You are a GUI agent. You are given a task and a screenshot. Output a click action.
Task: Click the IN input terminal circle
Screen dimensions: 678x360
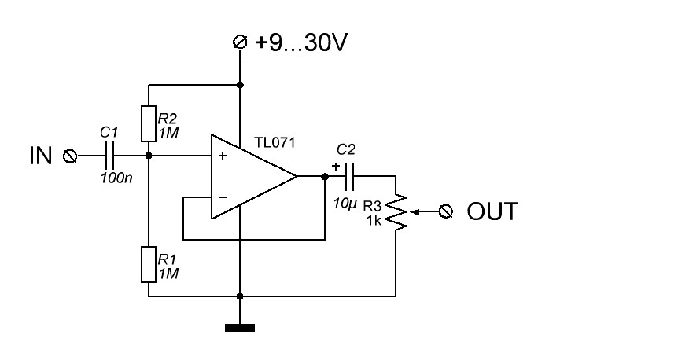point(70,156)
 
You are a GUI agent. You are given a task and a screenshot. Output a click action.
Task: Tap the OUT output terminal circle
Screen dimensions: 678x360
point(446,211)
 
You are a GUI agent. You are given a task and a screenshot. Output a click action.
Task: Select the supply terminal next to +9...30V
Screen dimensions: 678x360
point(240,42)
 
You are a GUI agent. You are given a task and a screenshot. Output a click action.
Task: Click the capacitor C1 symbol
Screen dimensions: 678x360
point(110,156)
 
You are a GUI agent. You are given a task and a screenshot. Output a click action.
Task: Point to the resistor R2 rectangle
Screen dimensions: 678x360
point(149,123)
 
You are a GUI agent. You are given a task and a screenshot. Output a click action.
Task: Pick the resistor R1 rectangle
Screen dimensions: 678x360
point(149,264)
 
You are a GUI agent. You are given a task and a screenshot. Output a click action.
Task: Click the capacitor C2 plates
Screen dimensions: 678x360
point(349,176)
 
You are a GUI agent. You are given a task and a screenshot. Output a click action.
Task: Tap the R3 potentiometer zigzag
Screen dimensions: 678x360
point(396,211)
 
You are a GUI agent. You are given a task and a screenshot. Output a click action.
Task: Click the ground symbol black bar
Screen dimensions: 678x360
point(240,329)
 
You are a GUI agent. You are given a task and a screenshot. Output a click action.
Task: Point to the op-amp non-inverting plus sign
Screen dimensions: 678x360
point(223,156)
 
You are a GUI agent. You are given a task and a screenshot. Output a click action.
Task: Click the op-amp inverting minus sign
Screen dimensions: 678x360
point(223,197)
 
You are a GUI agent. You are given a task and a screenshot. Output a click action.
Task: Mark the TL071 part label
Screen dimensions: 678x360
point(275,142)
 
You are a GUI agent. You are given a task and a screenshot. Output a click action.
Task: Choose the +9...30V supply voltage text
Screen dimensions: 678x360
point(301,42)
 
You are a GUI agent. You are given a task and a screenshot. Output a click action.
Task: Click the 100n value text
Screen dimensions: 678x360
point(116,178)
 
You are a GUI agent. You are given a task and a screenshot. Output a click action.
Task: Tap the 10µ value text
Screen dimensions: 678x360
point(345,203)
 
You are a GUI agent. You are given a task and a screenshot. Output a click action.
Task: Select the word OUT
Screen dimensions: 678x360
point(492,211)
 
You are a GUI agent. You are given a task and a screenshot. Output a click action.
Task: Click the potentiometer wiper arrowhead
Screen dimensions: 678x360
point(413,211)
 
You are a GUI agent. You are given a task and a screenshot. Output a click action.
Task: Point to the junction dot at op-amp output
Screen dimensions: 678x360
point(325,176)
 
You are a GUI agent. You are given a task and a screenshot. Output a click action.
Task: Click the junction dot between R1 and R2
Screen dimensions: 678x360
point(149,156)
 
